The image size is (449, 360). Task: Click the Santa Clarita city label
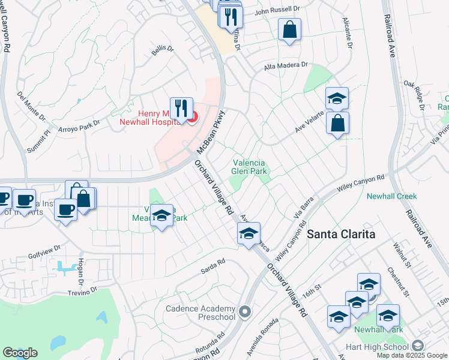341,234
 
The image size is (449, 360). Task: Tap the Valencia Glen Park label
250,166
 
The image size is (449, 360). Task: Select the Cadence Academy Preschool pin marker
244,312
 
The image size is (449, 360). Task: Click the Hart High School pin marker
418,346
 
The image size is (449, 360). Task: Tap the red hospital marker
193,115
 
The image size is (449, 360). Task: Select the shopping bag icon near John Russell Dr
289,30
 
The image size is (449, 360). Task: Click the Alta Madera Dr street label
286,66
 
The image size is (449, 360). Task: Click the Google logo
20,353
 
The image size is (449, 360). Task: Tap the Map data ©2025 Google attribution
411,355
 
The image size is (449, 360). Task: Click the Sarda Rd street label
212,262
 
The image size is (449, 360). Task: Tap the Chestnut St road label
399,281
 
